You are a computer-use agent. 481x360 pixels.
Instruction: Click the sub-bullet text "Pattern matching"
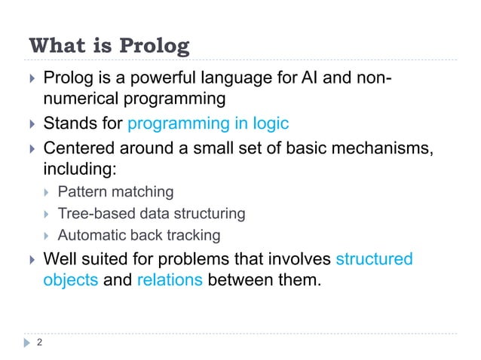tap(115, 192)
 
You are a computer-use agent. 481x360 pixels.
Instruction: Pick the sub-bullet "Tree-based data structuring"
tap(151, 214)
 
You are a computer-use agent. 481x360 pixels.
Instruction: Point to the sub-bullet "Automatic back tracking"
tap(139, 236)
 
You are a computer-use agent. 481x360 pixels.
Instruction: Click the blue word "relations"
tap(170, 282)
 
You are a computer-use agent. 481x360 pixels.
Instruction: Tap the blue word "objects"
tap(70, 282)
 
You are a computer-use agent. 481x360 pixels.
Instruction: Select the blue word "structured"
tap(374, 260)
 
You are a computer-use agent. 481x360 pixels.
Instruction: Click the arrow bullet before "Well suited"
tap(30, 260)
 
